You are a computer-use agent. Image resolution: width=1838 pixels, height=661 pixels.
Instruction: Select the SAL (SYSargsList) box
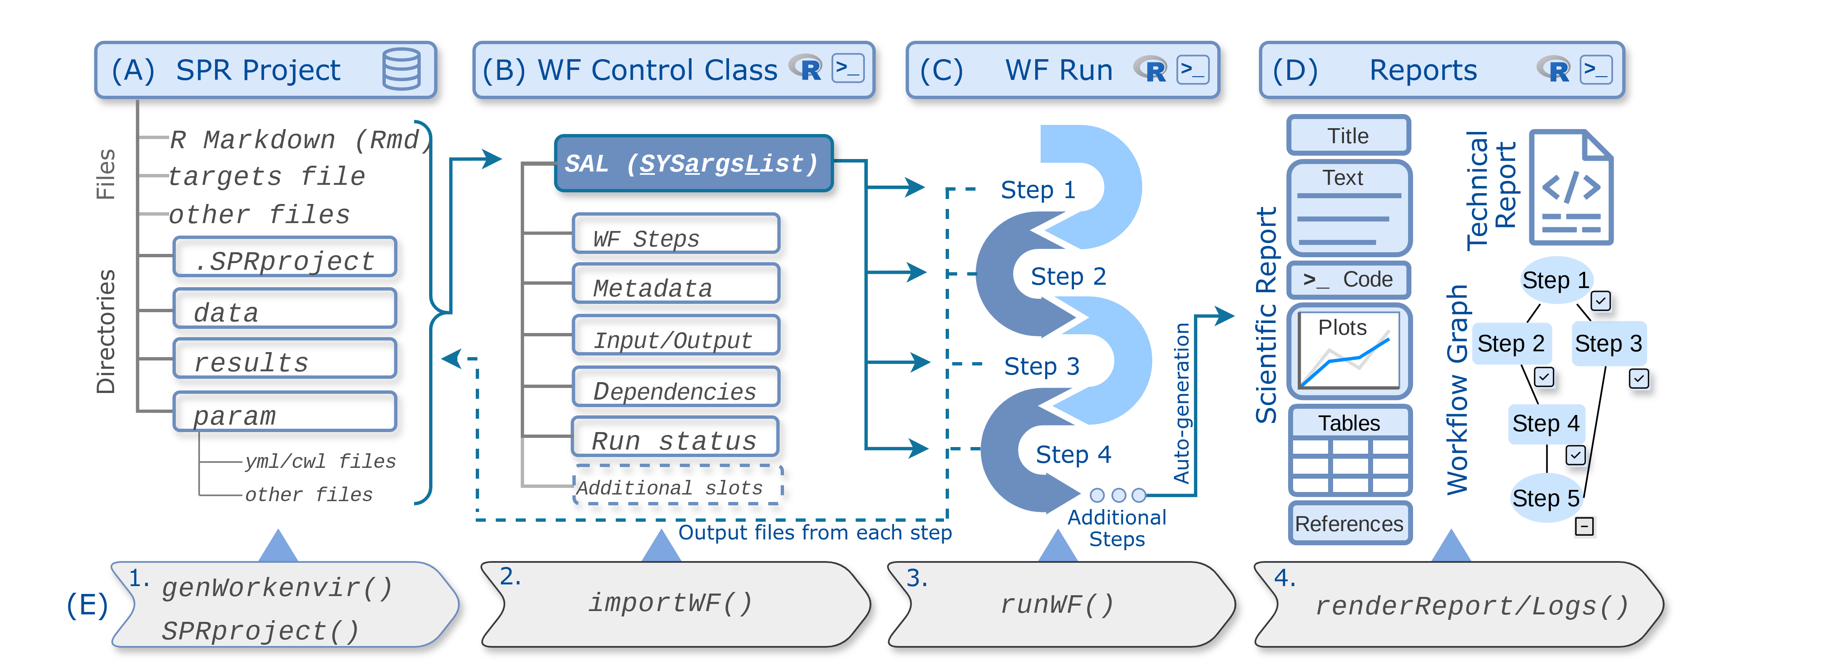tap(693, 163)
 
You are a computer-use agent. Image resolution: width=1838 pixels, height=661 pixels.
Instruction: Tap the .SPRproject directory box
tap(285, 258)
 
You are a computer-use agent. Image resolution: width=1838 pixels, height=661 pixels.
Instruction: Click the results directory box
tap(285, 359)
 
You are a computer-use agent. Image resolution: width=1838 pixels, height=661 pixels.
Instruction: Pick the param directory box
tap(285, 412)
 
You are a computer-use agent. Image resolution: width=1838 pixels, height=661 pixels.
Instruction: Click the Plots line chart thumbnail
tap(1348, 351)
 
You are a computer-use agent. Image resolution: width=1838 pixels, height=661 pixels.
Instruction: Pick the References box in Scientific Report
tap(1349, 523)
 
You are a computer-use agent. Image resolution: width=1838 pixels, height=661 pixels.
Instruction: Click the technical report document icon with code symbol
tap(1571, 188)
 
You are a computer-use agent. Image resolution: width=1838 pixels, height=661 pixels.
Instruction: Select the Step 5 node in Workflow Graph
tap(1546, 498)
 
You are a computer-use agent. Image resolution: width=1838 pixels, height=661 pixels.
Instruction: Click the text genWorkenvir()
tap(277, 588)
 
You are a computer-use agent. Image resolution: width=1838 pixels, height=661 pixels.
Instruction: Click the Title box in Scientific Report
tap(1348, 135)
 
